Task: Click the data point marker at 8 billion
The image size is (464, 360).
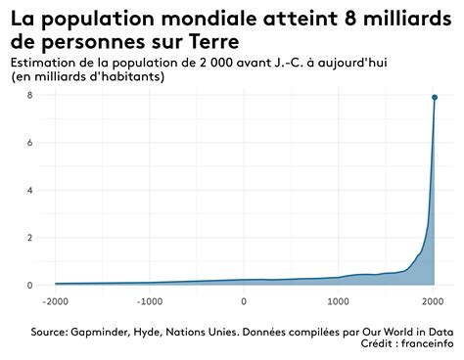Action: (435, 97)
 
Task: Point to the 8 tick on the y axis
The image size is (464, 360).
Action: (31, 95)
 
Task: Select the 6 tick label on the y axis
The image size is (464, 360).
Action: (31, 143)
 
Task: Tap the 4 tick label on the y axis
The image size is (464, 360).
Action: (31, 190)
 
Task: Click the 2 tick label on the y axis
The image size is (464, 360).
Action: (31, 238)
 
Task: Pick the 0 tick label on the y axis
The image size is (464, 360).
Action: (31, 285)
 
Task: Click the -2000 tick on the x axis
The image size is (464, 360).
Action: (56, 301)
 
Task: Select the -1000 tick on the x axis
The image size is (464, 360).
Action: (150, 301)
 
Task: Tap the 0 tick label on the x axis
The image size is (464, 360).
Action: (244, 301)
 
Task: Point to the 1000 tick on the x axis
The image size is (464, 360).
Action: (339, 301)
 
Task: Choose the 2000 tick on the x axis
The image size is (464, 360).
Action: (433, 301)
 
